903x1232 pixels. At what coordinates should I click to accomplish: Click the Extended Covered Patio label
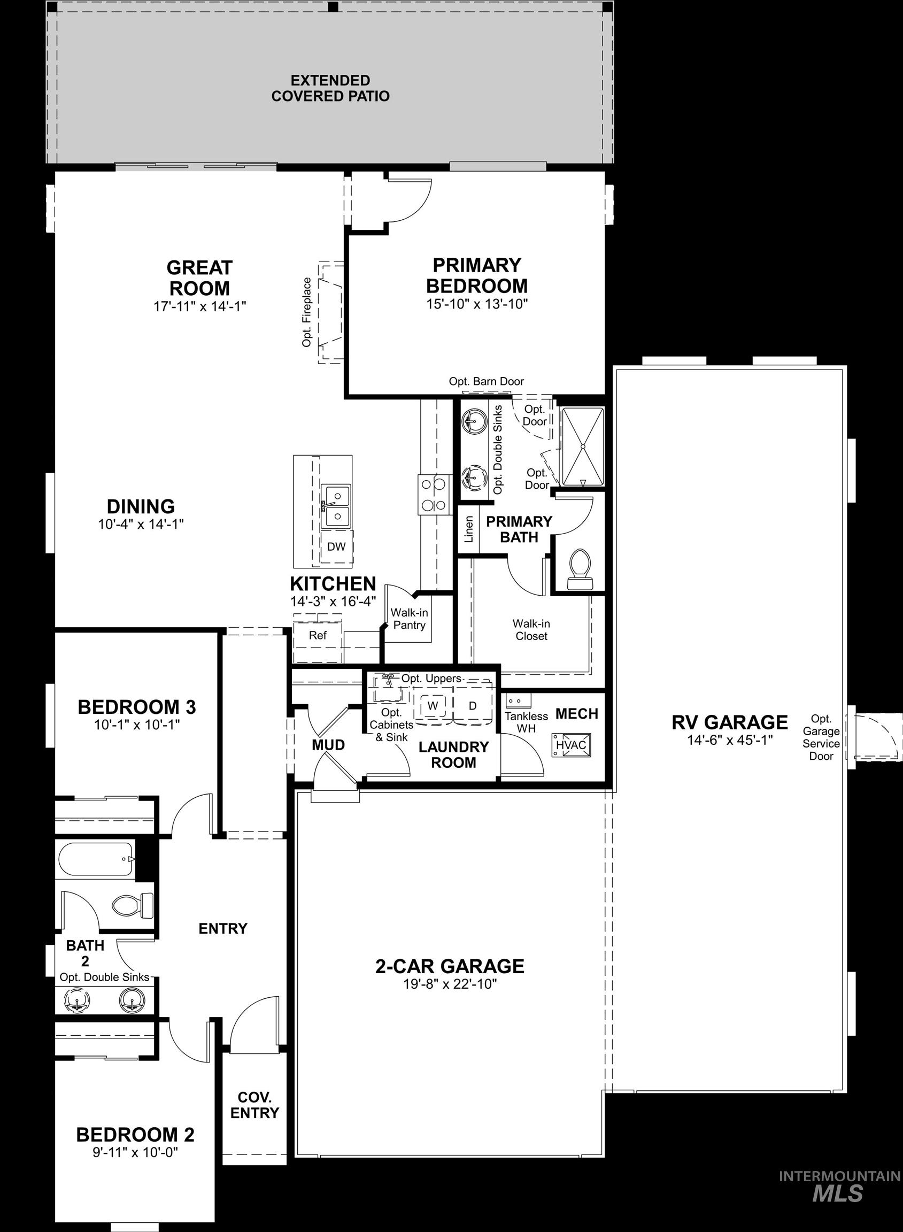pyautogui.click(x=330, y=89)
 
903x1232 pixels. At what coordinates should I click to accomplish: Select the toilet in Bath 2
pyautogui.click(x=133, y=906)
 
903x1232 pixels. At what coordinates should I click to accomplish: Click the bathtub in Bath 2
pyautogui.click(x=95, y=859)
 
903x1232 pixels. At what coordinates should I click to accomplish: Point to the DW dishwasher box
pyautogui.click(x=336, y=546)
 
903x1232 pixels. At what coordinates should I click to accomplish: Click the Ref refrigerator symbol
pyautogui.click(x=318, y=636)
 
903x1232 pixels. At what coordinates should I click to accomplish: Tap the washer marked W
pyautogui.click(x=433, y=706)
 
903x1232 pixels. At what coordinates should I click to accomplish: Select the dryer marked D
pyautogui.click(x=473, y=706)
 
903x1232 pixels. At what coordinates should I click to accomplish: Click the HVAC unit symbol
pyautogui.click(x=571, y=745)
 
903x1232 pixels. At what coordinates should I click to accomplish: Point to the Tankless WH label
pyautogui.click(x=526, y=722)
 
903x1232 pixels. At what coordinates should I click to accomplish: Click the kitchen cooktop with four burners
pyautogui.click(x=434, y=494)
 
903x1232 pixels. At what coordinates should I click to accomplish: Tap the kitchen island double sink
pyautogui.click(x=336, y=506)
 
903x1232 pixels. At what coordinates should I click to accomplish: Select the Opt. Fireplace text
pyautogui.click(x=307, y=312)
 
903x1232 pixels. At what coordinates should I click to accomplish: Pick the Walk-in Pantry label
pyautogui.click(x=409, y=619)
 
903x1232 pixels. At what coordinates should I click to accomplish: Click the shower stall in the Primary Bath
pyautogui.click(x=583, y=446)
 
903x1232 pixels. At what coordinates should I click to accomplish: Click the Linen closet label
pyautogui.click(x=469, y=529)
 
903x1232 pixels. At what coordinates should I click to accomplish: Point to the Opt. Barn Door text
pyautogui.click(x=487, y=381)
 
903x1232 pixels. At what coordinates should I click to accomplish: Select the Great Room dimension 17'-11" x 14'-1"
pyautogui.click(x=199, y=306)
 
